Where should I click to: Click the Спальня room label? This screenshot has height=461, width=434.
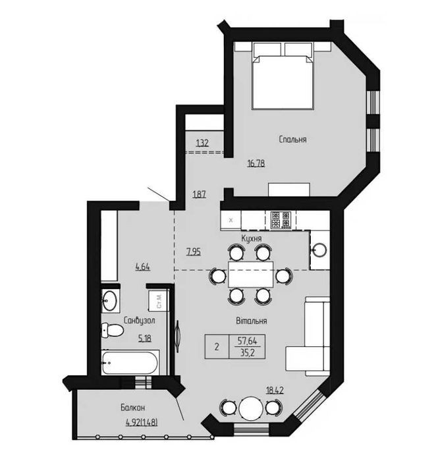[x=292, y=139]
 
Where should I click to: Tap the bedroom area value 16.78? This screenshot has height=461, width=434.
[x=256, y=163]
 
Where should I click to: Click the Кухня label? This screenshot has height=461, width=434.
[x=252, y=238]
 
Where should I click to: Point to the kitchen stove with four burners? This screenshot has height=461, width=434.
[x=281, y=220]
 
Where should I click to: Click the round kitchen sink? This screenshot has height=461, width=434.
[x=319, y=250]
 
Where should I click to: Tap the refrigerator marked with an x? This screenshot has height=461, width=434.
[x=231, y=220]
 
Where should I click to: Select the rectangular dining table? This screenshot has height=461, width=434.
[x=251, y=275]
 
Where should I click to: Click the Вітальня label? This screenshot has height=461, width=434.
[x=252, y=321]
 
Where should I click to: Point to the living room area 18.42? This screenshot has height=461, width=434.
[x=275, y=391]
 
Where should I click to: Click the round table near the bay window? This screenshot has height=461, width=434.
[x=251, y=408]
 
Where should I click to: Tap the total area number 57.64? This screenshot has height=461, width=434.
[x=247, y=341]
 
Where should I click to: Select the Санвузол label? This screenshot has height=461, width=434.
[x=139, y=321]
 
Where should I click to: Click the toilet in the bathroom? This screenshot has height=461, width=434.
[x=112, y=330]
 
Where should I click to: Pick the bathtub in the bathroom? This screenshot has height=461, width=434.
[x=130, y=362]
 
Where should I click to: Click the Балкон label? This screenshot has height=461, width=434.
[x=132, y=408]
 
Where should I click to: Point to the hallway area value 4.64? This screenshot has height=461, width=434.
[x=143, y=267]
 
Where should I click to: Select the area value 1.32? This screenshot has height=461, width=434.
[x=202, y=143]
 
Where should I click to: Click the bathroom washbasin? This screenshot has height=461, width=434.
[x=110, y=301]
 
